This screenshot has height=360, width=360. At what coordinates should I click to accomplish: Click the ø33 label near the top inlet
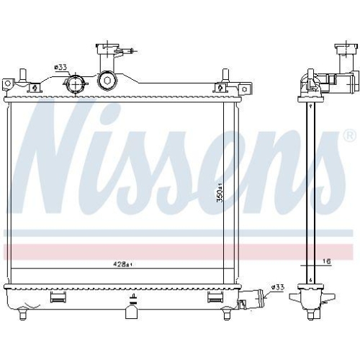click(x=60, y=68)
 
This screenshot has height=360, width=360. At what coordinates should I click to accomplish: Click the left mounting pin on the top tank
click(x=22, y=75)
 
